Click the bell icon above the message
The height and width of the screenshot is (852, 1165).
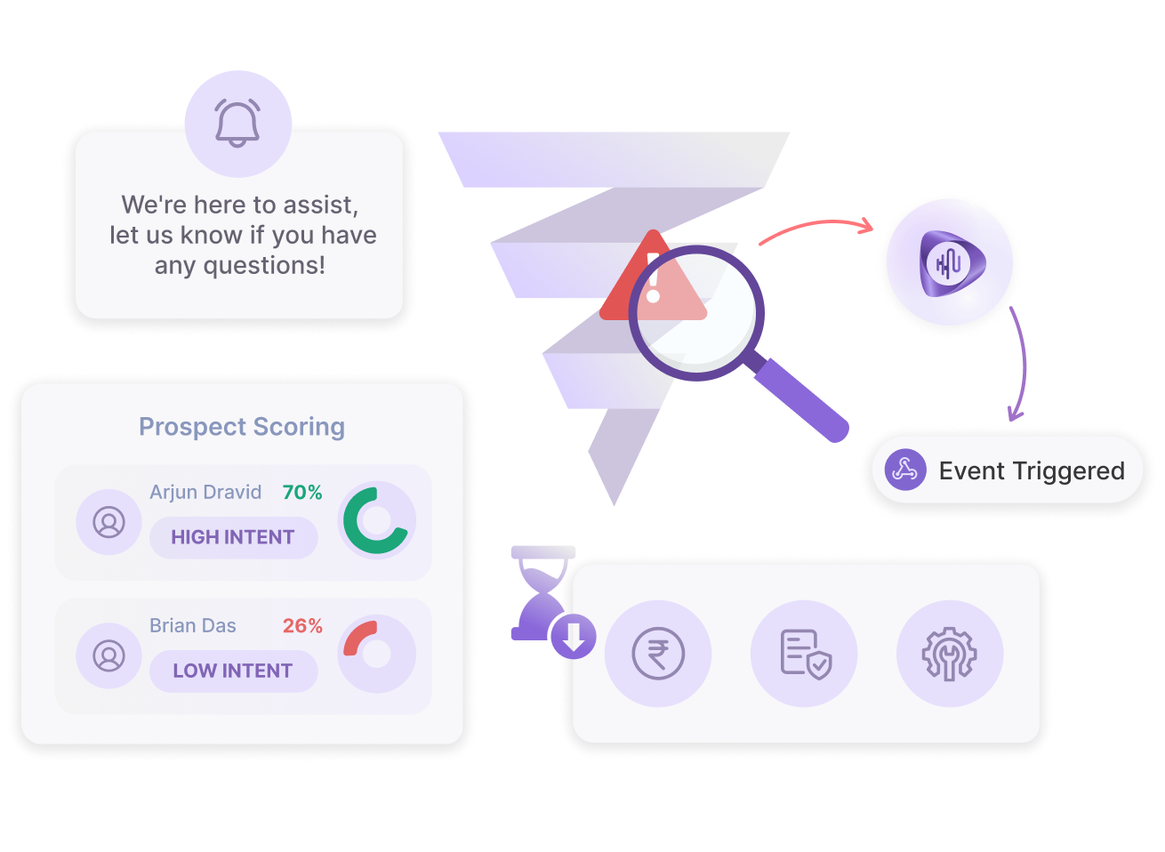(x=237, y=123)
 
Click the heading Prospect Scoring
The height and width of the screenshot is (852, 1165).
(x=242, y=427)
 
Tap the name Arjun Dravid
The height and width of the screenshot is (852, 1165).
(x=205, y=493)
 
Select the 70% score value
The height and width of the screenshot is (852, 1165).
(x=302, y=493)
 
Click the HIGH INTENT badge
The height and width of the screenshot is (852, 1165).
(x=233, y=537)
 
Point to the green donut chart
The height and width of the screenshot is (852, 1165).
(x=376, y=521)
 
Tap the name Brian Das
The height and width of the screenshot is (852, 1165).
(x=193, y=626)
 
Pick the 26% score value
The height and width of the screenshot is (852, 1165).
(x=302, y=626)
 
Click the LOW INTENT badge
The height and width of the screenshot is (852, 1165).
(x=233, y=671)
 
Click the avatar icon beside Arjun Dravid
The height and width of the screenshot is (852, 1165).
(x=109, y=522)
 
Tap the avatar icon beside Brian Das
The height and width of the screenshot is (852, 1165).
(x=109, y=655)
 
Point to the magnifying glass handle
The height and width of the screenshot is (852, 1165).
(x=801, y=399)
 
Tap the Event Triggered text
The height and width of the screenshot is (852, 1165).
(x=1032, y=470)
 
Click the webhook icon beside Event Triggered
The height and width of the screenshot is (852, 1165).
(x=905, y=470)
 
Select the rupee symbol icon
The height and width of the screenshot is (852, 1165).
(x=658, y=654)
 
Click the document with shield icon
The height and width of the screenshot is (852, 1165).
(x=805, y=654)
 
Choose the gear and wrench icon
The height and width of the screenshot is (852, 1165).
(x=949, y=654)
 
